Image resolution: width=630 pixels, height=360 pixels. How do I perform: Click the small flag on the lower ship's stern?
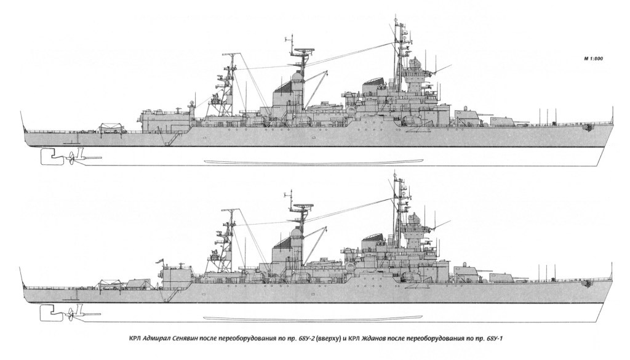pos(164,260)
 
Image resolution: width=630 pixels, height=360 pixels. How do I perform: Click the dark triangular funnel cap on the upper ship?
pos(284,89)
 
